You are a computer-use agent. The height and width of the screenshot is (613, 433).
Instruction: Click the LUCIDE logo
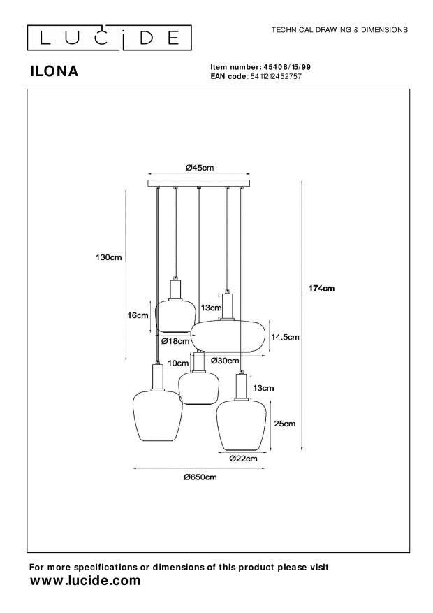[x=108, y=36]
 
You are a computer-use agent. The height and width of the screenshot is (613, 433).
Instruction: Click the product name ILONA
[x=54, y=71]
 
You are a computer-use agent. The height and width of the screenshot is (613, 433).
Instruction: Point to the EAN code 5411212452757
[x=275, y=75]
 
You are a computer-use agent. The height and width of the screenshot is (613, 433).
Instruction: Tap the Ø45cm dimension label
[x=200, y=167]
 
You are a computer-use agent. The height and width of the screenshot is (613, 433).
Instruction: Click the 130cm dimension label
[x=109, y=258]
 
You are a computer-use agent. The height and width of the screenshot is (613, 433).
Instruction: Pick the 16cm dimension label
[x=138, y=315]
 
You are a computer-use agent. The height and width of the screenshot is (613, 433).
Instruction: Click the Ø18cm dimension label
[x=175, y=341]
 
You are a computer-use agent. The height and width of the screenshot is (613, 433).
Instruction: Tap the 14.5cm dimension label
[x=286, y=337]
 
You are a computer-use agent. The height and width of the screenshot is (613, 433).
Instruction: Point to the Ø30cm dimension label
[x=224, y=361]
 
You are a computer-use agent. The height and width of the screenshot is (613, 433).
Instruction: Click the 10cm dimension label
[x=178, y=363]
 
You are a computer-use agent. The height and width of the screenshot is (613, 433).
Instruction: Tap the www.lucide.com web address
[x=85, y=581]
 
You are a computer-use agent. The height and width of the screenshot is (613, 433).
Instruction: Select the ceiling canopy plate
[x=200, y=185]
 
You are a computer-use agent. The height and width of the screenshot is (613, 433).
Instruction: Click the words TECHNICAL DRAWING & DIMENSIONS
[x=339, y=30]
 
